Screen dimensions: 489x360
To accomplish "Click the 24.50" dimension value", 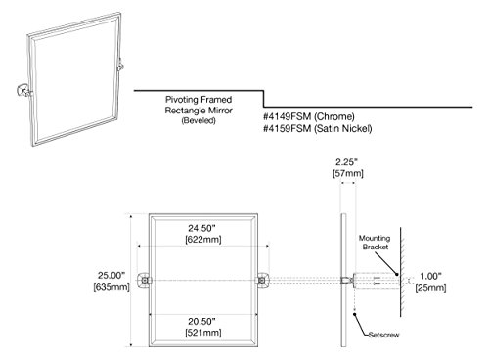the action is (x=201, y=228).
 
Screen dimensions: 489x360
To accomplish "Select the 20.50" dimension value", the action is (x=201, y=322).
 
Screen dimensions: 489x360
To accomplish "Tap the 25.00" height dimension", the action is (x=111, y=275).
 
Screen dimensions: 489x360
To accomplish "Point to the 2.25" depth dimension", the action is (x=347, y=162).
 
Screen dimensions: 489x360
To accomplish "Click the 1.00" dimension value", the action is (x=430, y=276).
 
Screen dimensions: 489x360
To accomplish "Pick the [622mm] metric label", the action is (x=203, y=240).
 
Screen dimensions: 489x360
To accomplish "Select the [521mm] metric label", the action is (x=203, y=333).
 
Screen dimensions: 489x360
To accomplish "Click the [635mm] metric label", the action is (x=111, y=287).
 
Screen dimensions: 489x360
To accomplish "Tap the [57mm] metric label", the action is (x=348, y=173).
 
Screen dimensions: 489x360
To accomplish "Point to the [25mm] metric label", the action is (x=430, y=288).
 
